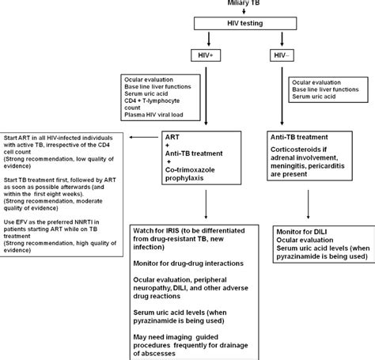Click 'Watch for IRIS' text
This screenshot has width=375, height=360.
tap(161, 230)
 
